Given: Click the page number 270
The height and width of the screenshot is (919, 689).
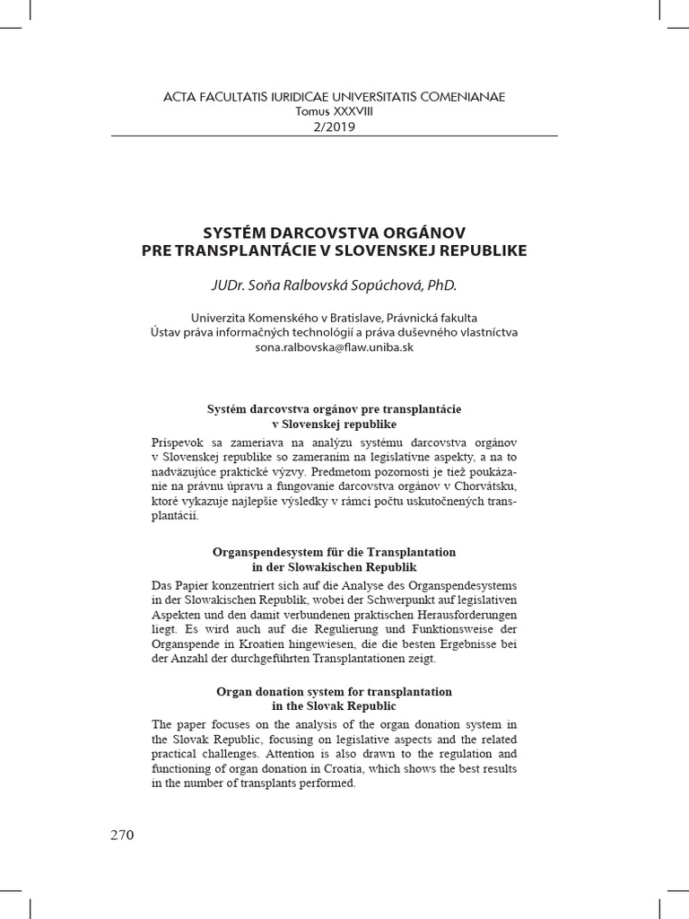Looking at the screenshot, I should [x=122, y=835].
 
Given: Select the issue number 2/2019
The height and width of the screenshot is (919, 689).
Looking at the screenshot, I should [x=334, y=127].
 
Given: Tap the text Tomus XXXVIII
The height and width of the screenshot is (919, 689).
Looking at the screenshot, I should [x=334, y=111].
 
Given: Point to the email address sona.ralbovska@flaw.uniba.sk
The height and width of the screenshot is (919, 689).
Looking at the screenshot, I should [x=334, y=347].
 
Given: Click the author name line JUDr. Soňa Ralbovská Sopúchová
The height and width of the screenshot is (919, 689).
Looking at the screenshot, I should [x=334, y=285].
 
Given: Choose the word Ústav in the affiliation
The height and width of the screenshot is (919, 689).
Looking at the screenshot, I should [x=166, y=332].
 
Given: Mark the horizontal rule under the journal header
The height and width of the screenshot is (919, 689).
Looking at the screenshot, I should [x=334, y=136].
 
